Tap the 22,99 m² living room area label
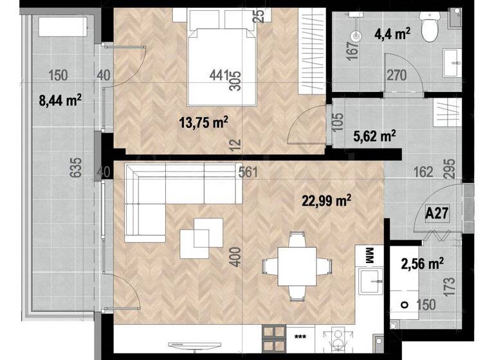(x=326, y=201)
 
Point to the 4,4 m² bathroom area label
(x=393, y=35)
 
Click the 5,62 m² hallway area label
(x=374, y=136)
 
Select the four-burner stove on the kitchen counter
(x=275, y=336)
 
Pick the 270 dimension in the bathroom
(x=396, y=76)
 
